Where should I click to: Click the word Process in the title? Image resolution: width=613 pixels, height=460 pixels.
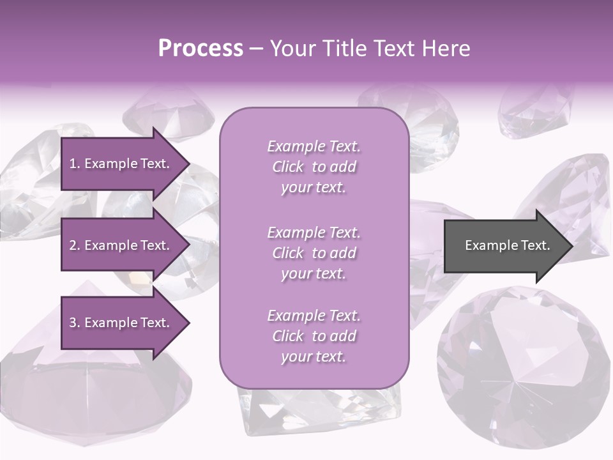coord(201,49)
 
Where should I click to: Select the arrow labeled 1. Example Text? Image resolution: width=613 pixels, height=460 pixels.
coord(121,164)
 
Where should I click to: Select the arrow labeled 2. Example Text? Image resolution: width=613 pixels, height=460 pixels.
coord(121,245)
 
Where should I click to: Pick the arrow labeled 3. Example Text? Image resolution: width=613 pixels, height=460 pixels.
coord(121,323)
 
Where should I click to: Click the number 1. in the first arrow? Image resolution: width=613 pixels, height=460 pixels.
coord(75,164)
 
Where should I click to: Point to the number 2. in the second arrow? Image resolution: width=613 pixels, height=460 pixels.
coord(75,245)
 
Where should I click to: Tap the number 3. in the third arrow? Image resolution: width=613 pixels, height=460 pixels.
coord(75,323)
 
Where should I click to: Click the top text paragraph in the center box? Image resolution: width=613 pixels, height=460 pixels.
coord(314,167)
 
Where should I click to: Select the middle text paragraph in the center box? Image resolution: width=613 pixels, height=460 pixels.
coord(314,253)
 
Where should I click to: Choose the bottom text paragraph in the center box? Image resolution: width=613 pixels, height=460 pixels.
coord(314,336)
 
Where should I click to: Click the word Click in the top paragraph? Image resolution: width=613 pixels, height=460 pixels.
coord(287,167)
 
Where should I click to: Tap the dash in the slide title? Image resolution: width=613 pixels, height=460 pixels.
coord(256,49)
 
